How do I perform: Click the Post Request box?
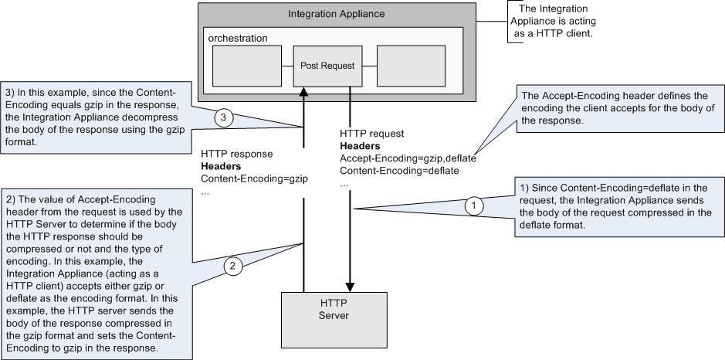point(327,66)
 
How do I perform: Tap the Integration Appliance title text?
point(336,14)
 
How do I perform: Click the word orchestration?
point(236,38)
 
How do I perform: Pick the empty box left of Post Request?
point(246,66)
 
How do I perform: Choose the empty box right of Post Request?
point(411,66)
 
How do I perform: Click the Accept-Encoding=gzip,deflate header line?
point(408,158)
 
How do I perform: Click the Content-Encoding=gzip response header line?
point(254,178)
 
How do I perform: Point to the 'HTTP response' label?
point(236,154)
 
